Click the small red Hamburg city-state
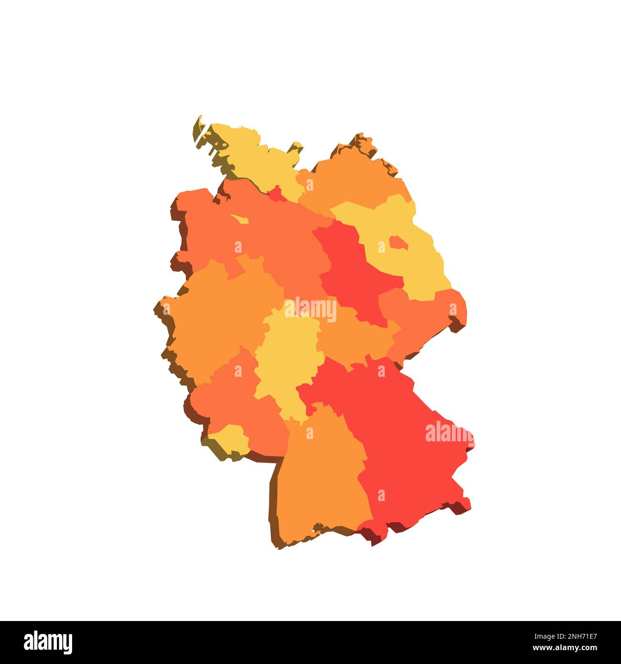pos(275,194)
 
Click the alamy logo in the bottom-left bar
pos(48,643)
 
